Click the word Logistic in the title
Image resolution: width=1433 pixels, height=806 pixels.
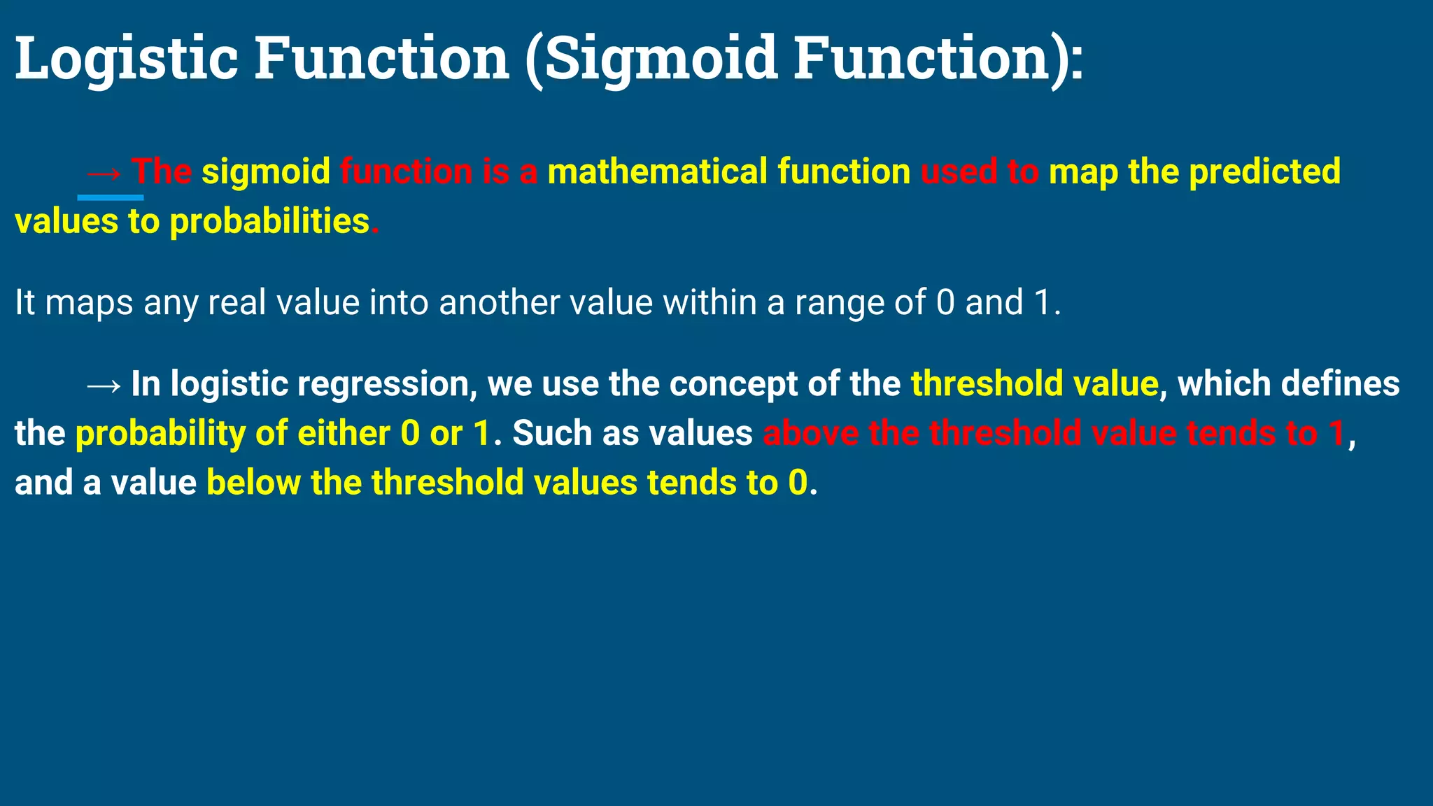127,59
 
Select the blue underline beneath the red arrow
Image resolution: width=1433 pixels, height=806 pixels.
111,198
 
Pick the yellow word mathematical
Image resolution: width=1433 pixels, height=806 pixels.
657,172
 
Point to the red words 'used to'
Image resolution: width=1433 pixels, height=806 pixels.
979,172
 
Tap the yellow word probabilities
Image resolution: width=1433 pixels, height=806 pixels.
269,222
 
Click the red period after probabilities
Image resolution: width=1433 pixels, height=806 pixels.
375,231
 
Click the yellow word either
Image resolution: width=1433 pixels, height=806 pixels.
344,434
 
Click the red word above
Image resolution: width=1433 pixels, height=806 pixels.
810,434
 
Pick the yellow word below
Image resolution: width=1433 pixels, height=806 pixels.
253,483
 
